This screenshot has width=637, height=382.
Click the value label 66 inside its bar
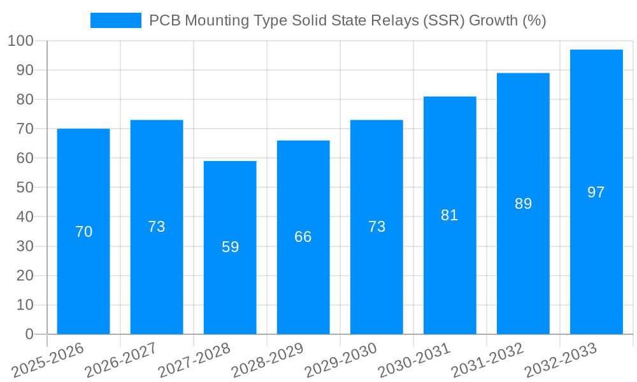(303, 237)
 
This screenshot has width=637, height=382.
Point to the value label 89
(523, 204)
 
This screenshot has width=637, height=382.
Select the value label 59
(230, 247)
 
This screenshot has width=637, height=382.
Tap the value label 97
(596, 192)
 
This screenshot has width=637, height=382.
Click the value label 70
(83, 232)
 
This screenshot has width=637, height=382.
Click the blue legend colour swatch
(116, 20)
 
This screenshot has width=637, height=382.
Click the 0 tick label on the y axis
(29, 334)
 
